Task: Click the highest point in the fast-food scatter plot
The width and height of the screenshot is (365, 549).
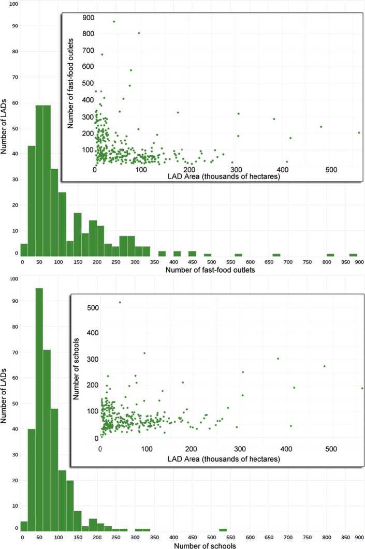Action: [x=114, y=21]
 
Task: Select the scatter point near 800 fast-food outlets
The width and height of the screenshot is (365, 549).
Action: [x=139, y=33]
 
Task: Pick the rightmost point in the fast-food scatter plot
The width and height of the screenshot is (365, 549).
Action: [x=359, y=132]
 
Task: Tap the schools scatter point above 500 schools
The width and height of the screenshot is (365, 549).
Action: [x=120, y=302]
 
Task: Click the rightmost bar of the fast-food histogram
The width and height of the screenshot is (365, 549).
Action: [x=353, y=255]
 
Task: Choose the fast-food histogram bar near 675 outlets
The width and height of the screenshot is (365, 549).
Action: [x=276, y=255]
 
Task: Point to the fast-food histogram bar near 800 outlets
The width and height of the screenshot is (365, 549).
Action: [x=330, y=255]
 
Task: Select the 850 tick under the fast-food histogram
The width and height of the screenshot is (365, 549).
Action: [x=342, y=262]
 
